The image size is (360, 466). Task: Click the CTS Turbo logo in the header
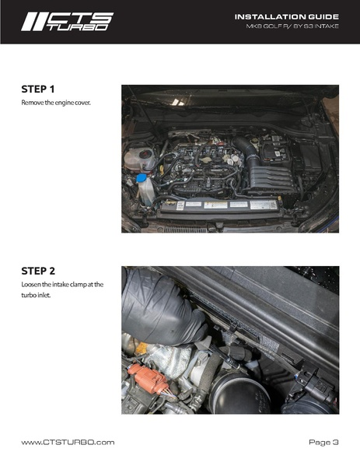(x=67, y=21)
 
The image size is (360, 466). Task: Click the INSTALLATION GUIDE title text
(x=286, y=16)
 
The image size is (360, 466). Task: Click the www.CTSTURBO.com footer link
(x=68, y=442)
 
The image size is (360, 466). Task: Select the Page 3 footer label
(x=323, y=442)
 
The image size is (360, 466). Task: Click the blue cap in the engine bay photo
(x=142, y=178)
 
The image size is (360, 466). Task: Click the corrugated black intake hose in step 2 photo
(x=159, y=307)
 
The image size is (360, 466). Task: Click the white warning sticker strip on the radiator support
(x=225, y=205)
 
